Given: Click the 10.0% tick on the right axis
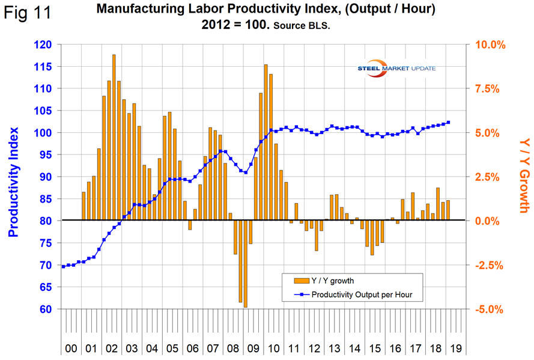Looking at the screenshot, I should (x=491, y=44).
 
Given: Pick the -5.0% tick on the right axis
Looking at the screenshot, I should (x=491, y=309).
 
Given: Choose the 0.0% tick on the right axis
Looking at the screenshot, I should (x=491, y=221).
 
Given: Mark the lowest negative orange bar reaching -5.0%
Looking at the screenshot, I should (x=246, y=264).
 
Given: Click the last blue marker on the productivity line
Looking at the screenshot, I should (x=448, y=122).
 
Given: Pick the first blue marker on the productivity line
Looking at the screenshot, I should (x=64, y=266).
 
